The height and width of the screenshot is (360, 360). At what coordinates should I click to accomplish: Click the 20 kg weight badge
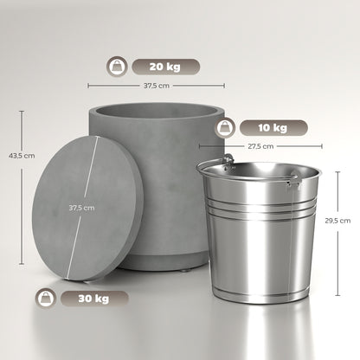tap(165, 67)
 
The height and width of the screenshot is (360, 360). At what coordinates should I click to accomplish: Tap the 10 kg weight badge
tap(273, 128)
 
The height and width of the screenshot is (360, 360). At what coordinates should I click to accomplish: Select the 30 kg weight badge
tap(94, 299)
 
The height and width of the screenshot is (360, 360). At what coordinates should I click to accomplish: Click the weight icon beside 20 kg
tap(117, 67)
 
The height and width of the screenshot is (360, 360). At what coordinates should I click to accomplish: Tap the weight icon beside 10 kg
tap(225, 128)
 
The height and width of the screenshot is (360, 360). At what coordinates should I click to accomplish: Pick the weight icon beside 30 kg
tap(46, 299)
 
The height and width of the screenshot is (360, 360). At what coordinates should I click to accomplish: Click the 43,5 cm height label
tap(22, 156)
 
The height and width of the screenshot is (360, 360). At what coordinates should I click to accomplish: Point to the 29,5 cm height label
tap(337, 221)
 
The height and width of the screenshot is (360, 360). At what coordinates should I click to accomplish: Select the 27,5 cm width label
tap(260, 146)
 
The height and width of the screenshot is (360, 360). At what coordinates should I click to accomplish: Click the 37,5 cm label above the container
tap(157, 86)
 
